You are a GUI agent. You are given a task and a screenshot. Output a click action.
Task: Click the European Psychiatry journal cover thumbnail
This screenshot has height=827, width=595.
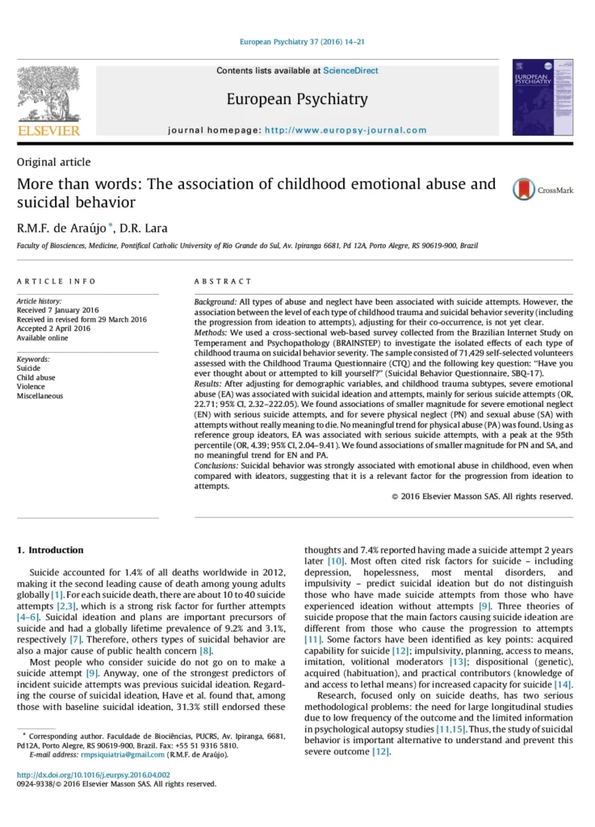pos(543,96)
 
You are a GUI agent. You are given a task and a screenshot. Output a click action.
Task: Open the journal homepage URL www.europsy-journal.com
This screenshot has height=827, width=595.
pos(346,130)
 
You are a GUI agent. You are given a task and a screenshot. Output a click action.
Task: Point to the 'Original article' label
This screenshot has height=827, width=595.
pos(54,162)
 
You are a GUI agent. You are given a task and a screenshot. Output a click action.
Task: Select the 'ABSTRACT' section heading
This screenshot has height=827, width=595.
pos(223,281)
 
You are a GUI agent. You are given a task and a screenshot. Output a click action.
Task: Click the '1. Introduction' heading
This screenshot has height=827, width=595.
pos(50,550)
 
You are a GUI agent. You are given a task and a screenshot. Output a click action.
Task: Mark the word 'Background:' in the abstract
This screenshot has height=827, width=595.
pos(216,301)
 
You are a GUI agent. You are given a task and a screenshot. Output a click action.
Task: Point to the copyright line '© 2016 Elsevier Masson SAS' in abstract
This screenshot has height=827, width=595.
pos(482,496)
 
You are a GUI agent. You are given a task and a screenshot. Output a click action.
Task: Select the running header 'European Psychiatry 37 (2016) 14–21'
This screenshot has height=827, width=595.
pos(296,41)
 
